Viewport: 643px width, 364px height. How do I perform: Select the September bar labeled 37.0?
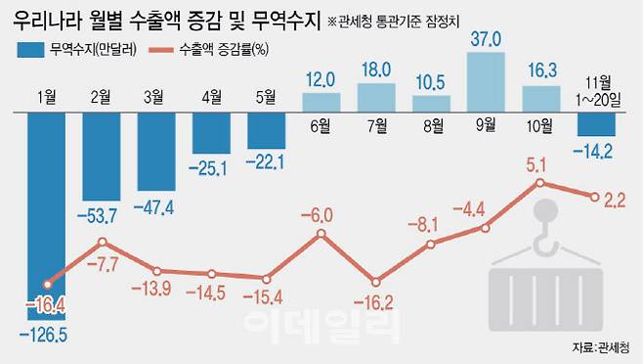click(486, 81)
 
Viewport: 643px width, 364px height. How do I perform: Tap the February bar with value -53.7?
click(102, 151)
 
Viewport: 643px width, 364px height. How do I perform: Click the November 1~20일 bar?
click(595, 124)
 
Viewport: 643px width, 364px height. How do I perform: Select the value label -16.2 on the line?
click(374, 302)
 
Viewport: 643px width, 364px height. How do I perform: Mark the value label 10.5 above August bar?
click(431, 81)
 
